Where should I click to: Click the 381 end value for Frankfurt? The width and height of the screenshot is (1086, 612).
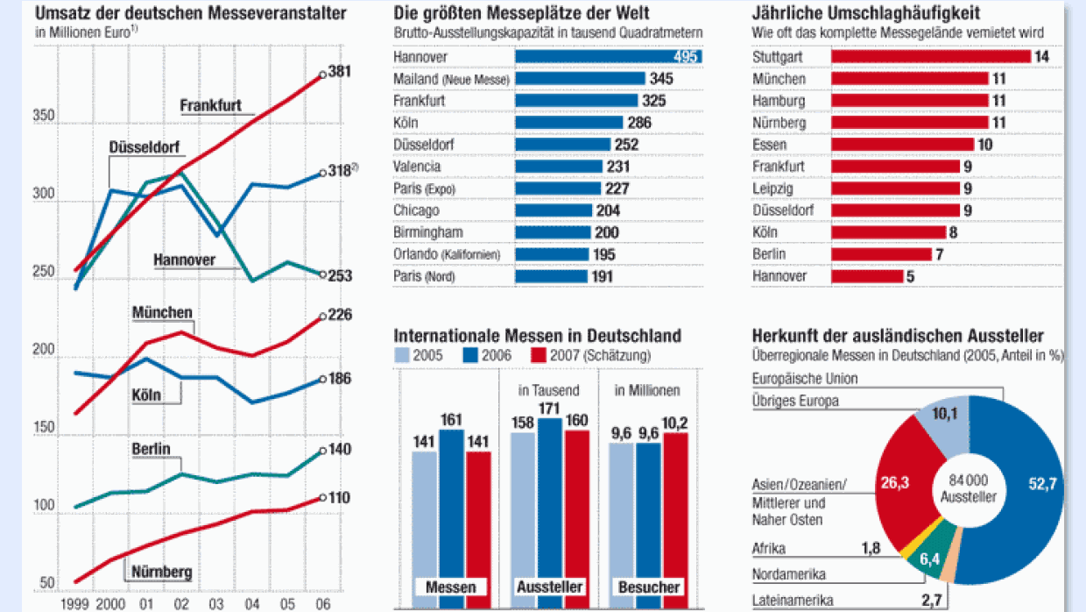pos(340,72)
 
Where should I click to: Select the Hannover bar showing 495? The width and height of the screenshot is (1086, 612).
pos(608,57)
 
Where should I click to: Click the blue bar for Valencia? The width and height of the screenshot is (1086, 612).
pos(559,167)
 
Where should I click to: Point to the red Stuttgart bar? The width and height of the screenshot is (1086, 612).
pos(930,57)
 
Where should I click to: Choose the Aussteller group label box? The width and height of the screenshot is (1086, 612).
pos(549,587)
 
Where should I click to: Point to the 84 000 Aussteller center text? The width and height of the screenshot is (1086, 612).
pos(969,487)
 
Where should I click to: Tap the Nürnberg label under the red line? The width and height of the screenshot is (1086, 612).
pos(161,574)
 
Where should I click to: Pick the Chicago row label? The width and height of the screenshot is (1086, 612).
pos(416,210)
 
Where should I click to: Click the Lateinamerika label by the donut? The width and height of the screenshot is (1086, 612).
pos(793,601)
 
